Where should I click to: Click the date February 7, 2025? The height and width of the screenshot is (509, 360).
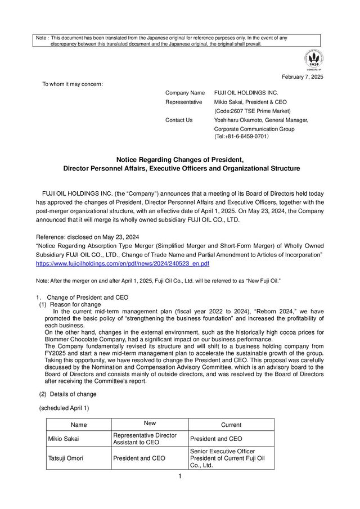(x=301, y=76)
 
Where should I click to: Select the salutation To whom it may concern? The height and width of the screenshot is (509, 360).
(x=73, y=84)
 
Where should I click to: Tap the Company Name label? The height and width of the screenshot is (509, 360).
(x=184, y=92)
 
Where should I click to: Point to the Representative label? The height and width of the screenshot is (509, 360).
(x=183, y=102)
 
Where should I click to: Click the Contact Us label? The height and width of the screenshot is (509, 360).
(x=179, y=120)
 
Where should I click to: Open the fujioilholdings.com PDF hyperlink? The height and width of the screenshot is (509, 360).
(x=123, y=263)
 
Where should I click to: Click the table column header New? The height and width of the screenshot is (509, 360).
(x=150, y=424)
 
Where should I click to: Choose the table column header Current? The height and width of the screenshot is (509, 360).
(x=231, y=425)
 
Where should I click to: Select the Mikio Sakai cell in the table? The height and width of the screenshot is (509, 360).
(x=64, y=439)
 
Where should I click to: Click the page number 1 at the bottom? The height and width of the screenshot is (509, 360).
(x=179, y=478)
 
